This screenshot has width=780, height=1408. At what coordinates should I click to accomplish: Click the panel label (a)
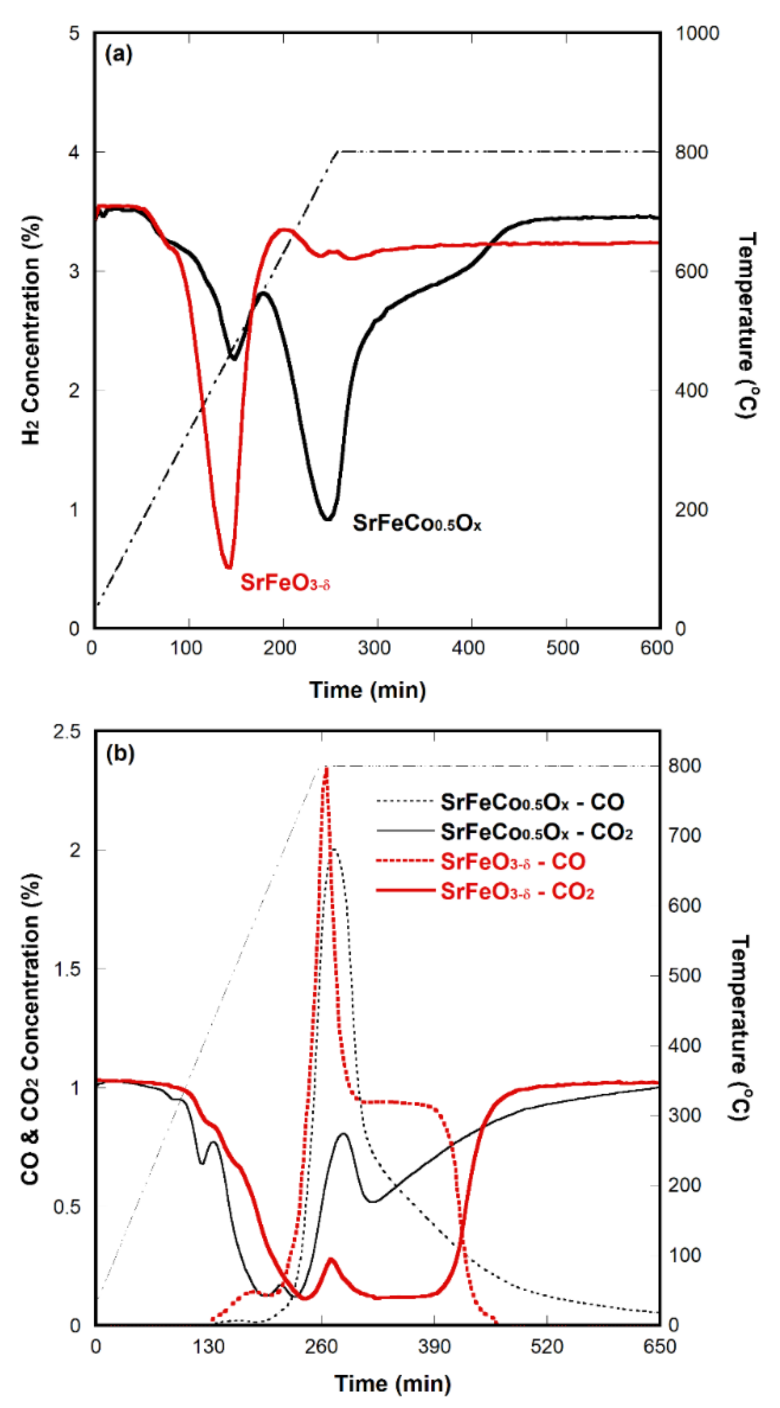pos(119,55)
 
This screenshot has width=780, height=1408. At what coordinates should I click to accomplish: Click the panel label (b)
pos(120,754)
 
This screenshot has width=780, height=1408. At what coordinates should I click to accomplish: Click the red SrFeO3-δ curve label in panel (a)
pos(285,583)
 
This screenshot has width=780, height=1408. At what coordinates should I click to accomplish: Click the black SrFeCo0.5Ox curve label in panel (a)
pos(417,523)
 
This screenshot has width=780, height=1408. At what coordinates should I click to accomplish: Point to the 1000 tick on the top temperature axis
pos(697,33)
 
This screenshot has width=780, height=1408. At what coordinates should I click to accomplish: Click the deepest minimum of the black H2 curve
pos(327,518)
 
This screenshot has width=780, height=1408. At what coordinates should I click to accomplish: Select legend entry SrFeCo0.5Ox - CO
pos(532,802)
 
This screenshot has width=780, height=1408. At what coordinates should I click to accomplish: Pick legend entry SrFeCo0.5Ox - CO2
pos(536,832)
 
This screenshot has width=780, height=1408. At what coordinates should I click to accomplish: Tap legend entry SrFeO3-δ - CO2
pos(517,891)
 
